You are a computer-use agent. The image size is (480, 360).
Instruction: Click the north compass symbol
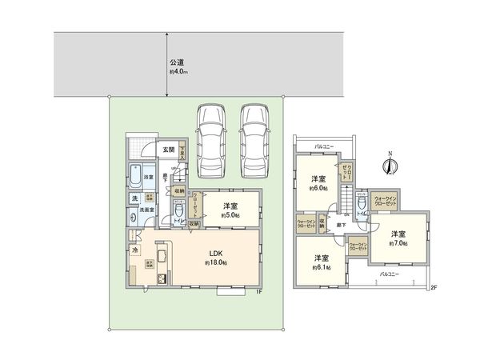click(x=387, y=165)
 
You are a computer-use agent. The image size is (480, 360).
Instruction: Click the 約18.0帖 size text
click(x=216, y=262)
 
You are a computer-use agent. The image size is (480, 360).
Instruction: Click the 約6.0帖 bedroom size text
click(x=317, y=190)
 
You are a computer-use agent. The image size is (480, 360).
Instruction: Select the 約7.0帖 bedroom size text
click(x=398, y=243)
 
